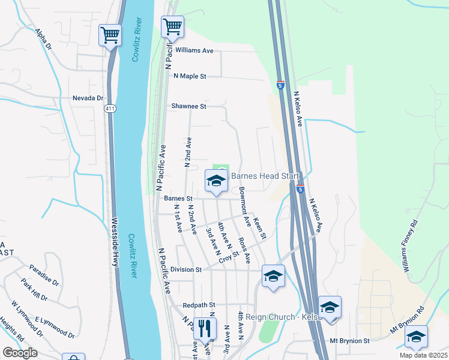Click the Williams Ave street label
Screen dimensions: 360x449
tap(194, 51)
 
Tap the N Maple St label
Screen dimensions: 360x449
tap(190, 76)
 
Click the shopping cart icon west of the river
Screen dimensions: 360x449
tap(109, 36)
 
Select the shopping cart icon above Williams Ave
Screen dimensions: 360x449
tap(172, 26)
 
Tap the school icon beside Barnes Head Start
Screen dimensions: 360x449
tap(215, 180)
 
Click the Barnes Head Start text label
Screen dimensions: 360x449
tap(264, 176)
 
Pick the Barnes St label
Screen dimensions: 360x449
tap(176, 198)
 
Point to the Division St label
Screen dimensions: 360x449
tap(185, 269)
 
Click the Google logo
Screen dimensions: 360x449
tap(20, 353)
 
